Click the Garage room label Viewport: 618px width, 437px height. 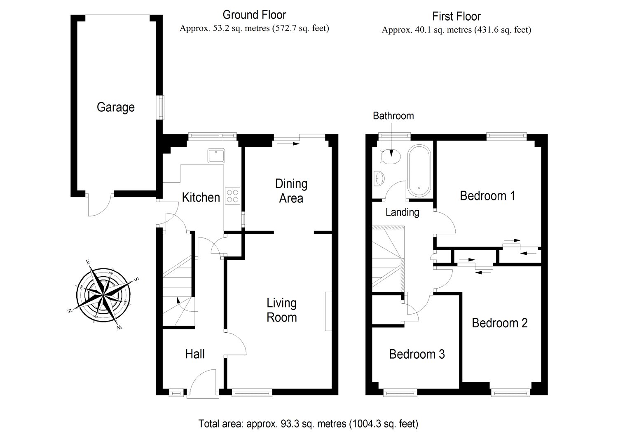tap(116, 108)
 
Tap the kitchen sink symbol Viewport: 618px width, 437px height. tap(216, 156)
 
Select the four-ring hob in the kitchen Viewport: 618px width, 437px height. tap(233, 195)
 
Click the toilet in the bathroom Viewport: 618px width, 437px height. tap(392, 156)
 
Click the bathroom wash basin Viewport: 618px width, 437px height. tap(379, 179)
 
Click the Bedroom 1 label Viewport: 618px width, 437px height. tap(487, 195)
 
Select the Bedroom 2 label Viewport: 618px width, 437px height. tap(500, 323)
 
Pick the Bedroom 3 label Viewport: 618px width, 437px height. tap(417, 354)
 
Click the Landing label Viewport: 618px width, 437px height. tap(402, 212)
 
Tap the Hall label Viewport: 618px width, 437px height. tap(195, 354)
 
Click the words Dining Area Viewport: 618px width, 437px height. tap(291, 191)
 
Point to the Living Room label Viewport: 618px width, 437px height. tap(282, 310)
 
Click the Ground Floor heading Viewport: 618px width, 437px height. tap(254, 15)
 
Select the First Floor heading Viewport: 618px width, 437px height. tap(456, 16)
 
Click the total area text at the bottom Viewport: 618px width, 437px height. tap(308, 423)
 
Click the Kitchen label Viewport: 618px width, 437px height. tap(201, 197)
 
